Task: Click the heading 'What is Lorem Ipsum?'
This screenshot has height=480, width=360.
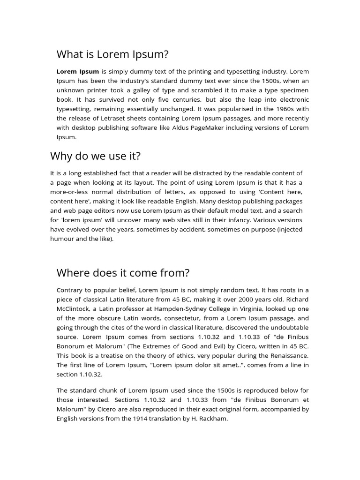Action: click(x=112, y=54)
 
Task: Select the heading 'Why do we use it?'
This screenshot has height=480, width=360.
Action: click(x=95, y=156)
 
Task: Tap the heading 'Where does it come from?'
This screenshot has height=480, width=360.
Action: click(x=123, y=273)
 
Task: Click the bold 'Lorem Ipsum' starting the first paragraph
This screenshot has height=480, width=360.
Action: click(x=78, y=72)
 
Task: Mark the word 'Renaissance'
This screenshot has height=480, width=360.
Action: click(x=287, y=355)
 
